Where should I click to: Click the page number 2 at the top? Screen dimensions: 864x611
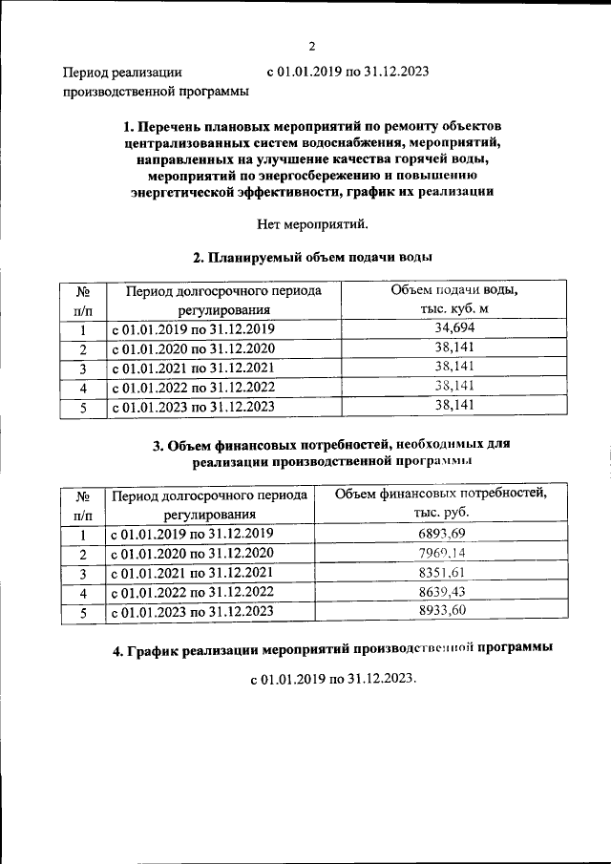pyautogui.click(x=311, y=46)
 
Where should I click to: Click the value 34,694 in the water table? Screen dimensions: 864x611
pyautogui.click(x=441, y=328)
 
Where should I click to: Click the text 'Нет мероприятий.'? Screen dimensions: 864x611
pyautogui.click(x=311, y=225)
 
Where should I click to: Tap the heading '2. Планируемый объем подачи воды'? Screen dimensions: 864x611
pyautogui.click(x=311, y=258)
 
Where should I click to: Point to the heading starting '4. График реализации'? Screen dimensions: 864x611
pyautogui.click(x=331, y=650)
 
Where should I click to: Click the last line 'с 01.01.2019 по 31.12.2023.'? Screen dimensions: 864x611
pyautogui.click(x=333, y=682)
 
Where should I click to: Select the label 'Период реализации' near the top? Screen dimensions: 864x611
pyautogui.click(x=121, y=72)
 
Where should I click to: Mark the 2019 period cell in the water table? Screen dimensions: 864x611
pyautogui.click(x=194, y=329)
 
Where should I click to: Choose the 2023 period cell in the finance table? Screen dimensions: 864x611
pyautogui.click(x=194, y=613)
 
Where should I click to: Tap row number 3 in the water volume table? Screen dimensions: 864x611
pyautogui.click(x=83, y=369)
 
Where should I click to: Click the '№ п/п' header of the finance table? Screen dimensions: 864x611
pyautogui.click(x=83, y=504)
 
